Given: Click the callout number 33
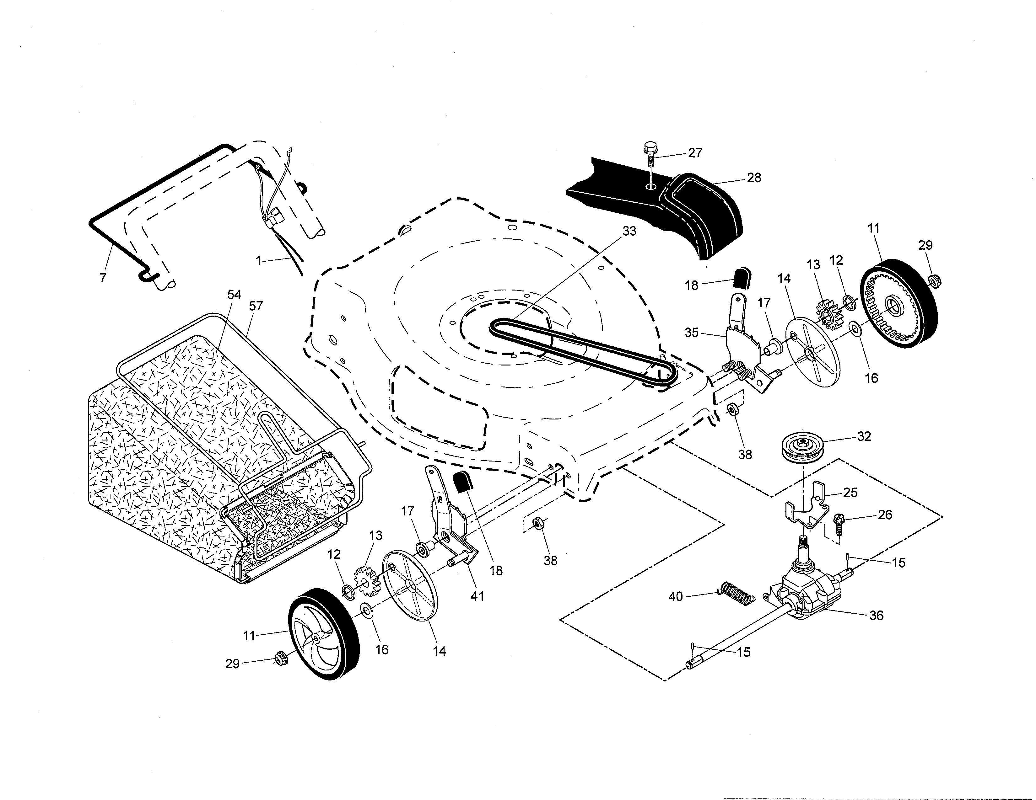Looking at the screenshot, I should pyautogui.click(x=629, y=231).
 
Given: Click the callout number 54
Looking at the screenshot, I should pyautogui.click(x=234, y=295).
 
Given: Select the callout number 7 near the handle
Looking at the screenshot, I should pyautogui.click(x=103, y=278).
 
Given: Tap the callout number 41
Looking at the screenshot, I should pyautogui.click(x=477, y=596).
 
